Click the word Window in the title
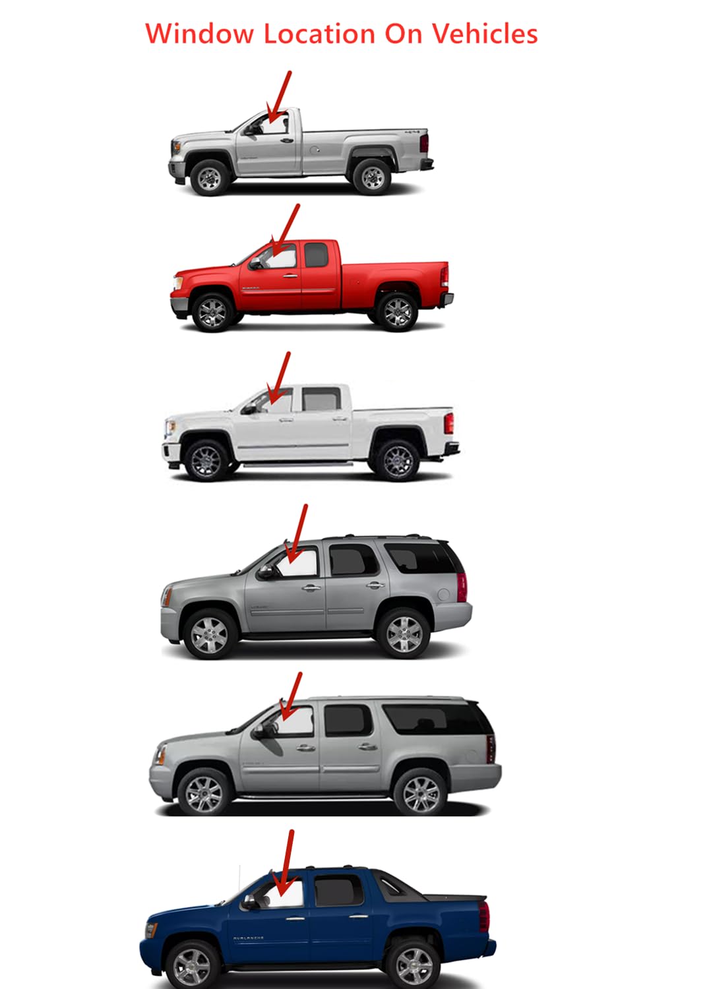pyautogui.click(x=199, y=34)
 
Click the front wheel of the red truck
pyautogui.click(x=212, y=311)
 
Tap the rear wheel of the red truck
pyautogui.click(x=397, y=311)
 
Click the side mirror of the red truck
pyautogui.click(x=255, y=264)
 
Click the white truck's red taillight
pyautogui.click(x=449, y=423)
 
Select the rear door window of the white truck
pyautogui.click(x=321, y=399)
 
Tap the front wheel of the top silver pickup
pyautogui.click(x=209, y=176)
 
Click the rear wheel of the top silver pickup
pyautogui.click(x=372, y=176)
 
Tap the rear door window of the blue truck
pyautogui.click(x=338, y=889)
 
